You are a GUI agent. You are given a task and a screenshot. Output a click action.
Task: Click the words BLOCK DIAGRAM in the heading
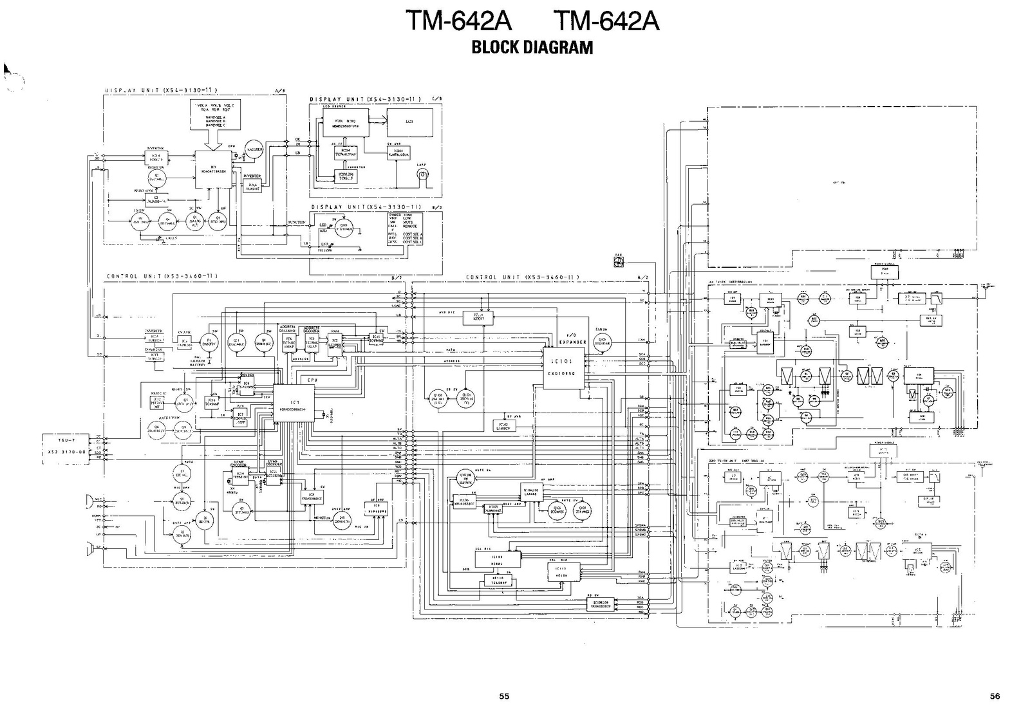click(x=532, y=48)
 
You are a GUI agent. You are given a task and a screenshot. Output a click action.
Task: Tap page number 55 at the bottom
click(x=504, y=696)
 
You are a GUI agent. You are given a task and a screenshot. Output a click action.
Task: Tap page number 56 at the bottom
click(x=995, y=696)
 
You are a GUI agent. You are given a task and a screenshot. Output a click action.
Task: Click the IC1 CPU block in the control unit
click(x=294, y=404)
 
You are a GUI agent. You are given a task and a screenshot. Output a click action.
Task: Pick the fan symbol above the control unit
click(x=619, y=260)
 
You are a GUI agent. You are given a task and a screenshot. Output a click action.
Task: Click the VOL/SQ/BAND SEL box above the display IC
click(x=215, y=115)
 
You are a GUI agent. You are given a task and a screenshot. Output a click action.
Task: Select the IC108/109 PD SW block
click(x=601, y=604)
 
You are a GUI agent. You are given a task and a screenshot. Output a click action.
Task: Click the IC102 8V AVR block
click(x=504, y=425)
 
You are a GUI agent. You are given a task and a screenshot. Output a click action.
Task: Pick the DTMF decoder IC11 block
click(x=273, y=476)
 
